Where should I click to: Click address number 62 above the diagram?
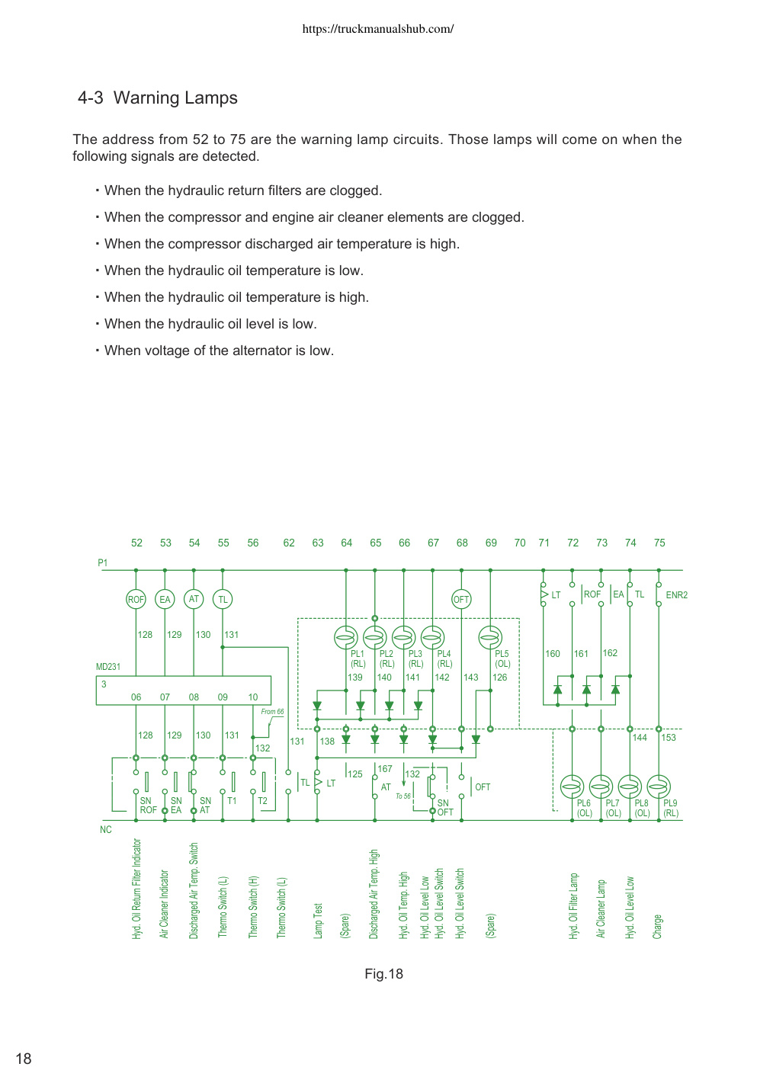pyautogui.click(x=289, y=543)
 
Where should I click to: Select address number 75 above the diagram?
pyautogui.click(x=659, y=543)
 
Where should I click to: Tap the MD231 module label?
pyautogui.click(x=108, y=666)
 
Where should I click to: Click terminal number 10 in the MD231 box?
pyautogui.click(x=253, y=697)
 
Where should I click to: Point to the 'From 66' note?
pyautogui.click(x=272, y=711)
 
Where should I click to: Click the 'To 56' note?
pyautogui.click(x=403, y=796)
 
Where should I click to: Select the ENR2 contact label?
pyautogui.click(x=677, y=594)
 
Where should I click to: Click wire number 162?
pyautogui.click(x=610, y=652)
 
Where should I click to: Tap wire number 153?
pyautogui.click(x=669, y=737)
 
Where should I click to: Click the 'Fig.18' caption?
pyautogui.click(x=383, y=973)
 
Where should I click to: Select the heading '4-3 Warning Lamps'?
pyautogui.click(x=158, y=98)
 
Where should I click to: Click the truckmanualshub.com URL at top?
pyautogui.click(x=378, y=29)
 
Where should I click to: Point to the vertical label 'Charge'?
pyautogui.click(x=658, y=926)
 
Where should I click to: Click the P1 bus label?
pyautogui.click(x=103, y=562)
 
